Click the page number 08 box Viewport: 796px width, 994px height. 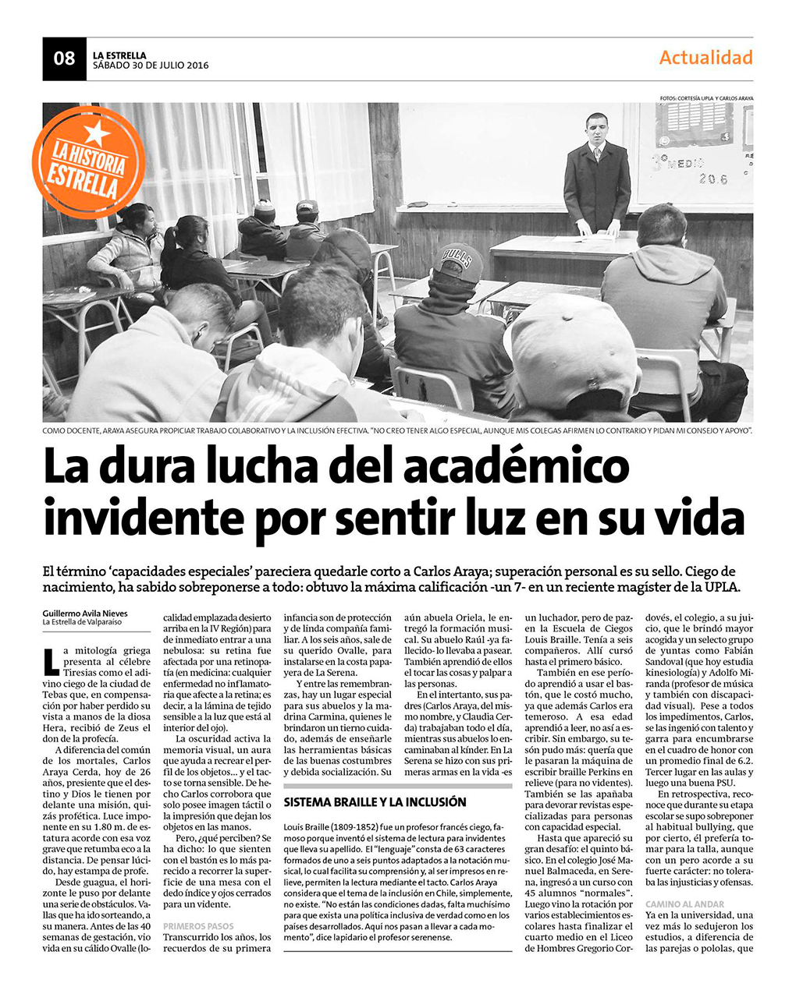(64, 58)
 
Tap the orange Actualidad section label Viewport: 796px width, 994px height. (705, 58)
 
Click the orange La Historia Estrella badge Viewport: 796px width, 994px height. (88, 162)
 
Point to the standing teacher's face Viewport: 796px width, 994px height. (596, 129)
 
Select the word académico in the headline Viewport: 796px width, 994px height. (516, 466)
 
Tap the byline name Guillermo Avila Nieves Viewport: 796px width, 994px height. (85, 613)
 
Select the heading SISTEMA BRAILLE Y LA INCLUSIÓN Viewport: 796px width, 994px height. (375, 801)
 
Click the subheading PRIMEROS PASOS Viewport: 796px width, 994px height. (198, 926)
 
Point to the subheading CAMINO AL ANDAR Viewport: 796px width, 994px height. (684, 904)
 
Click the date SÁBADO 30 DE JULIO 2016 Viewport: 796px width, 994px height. (151, 65)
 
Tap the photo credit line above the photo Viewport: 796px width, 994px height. (706, 98)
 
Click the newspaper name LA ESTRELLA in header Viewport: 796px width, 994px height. (119, 55)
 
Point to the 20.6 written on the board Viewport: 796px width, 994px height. (713, 180)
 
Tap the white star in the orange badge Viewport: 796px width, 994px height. (97, 131)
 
